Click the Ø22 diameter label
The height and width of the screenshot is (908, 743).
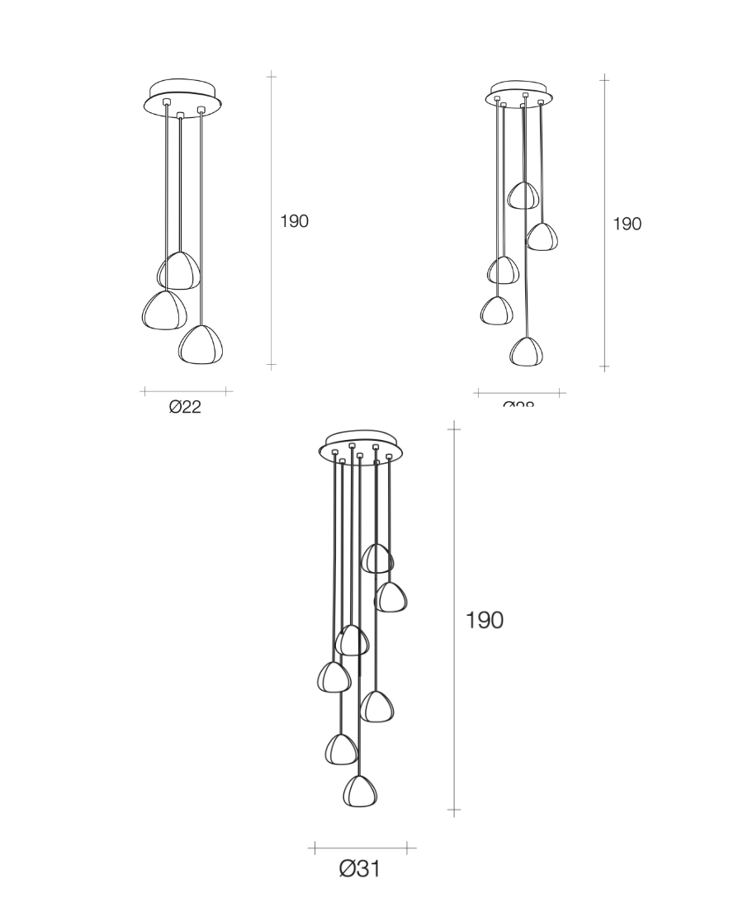pyautogui.click(x=185, y=406)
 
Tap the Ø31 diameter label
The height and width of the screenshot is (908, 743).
pyautogui.click(x=360, y=868)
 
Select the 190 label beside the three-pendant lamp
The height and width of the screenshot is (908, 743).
pyautogui.click(x=294, y=221)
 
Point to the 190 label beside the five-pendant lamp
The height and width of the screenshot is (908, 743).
pyautogui.click(x=627, y=224)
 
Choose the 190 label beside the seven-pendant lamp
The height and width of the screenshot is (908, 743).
pyautogui.click(x=485, y=620)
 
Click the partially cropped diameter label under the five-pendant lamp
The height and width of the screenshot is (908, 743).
pyautogui.click(x=518, y=404)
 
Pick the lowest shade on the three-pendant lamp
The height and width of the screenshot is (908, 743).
pyautogui.click(x=201, y=344)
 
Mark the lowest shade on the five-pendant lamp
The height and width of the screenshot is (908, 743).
pyautogui.click(x=526, y=352)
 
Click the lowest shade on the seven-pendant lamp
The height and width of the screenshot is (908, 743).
pyautogui.click(x=360, y=791)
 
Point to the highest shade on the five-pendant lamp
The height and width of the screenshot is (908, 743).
pyautogui.click(x=523, y=196)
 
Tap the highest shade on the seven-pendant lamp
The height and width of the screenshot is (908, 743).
pyautogui.click(x=377, y=559)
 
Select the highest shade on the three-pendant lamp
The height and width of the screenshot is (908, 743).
pyautogui.click(x=179, y=271)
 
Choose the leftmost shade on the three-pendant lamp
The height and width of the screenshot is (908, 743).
pyautogui.click(x=164, y=310)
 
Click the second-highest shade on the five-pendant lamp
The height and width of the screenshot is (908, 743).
pyautogui.click(x=542, y=237)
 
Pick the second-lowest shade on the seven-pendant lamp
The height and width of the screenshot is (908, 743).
pyautogui.click(x=341, y=749)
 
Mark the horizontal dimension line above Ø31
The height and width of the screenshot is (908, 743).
pyautogui.click(x=362, y=848)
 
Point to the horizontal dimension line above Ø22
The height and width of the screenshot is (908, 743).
pyautogui.click(x=187, y=391)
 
